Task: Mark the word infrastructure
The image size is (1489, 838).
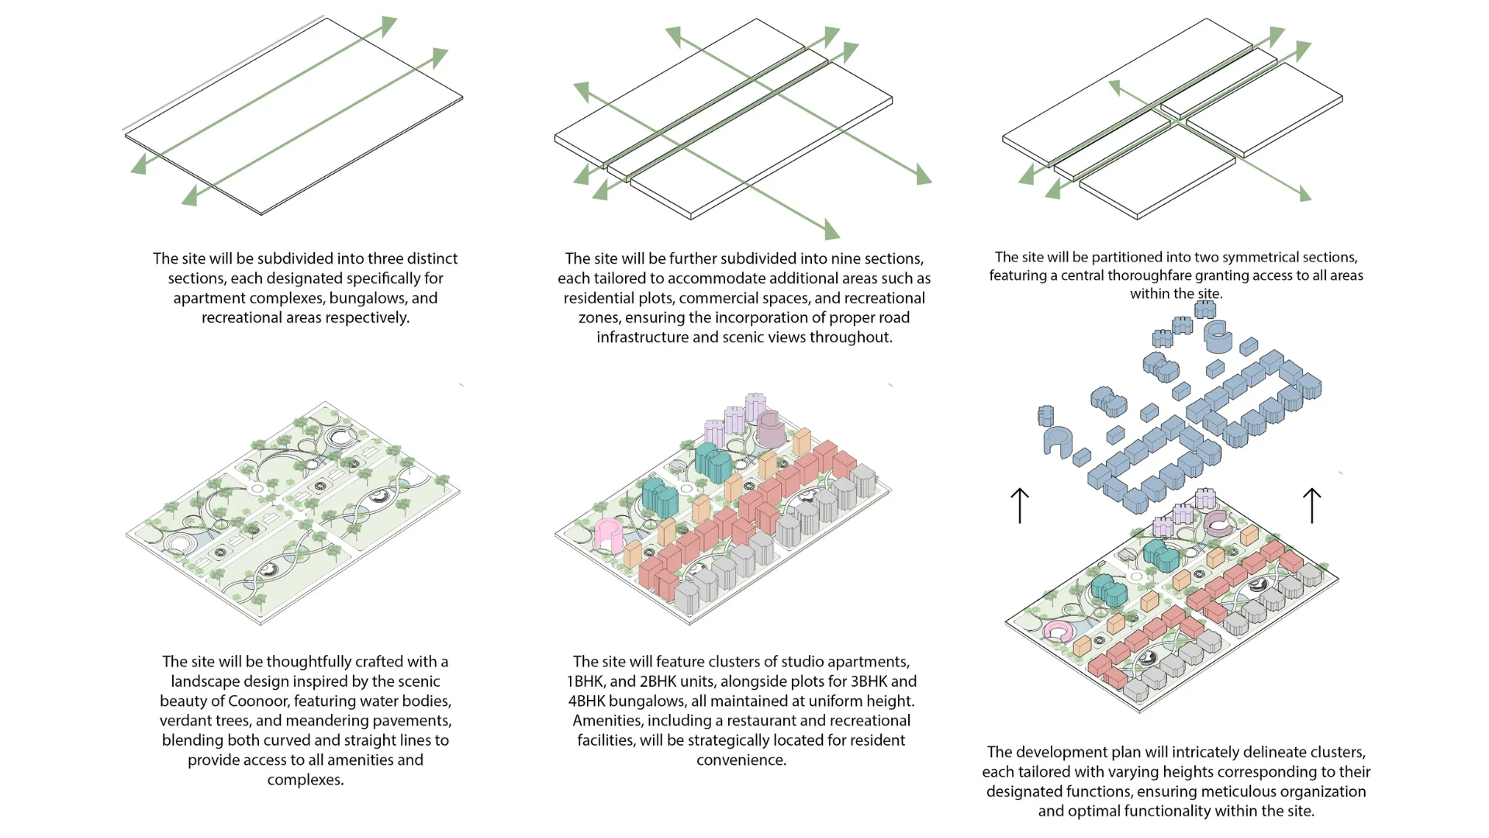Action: pos(642,337)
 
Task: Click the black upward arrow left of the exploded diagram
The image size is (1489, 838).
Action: pos(1020,505)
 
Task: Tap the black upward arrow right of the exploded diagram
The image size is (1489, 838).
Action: pos(1311,505)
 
